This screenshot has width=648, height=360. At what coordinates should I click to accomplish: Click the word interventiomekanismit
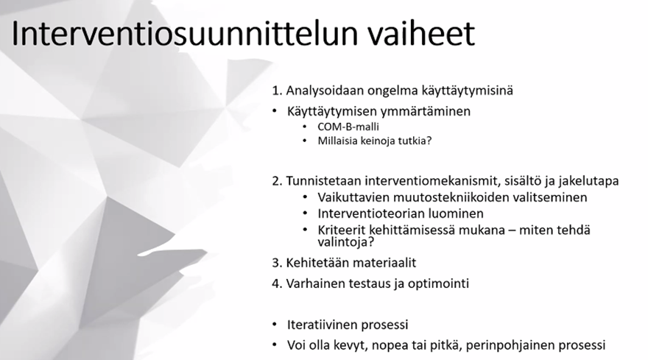pos(420,181)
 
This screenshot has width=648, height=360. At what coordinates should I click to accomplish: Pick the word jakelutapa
pos(585,181)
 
